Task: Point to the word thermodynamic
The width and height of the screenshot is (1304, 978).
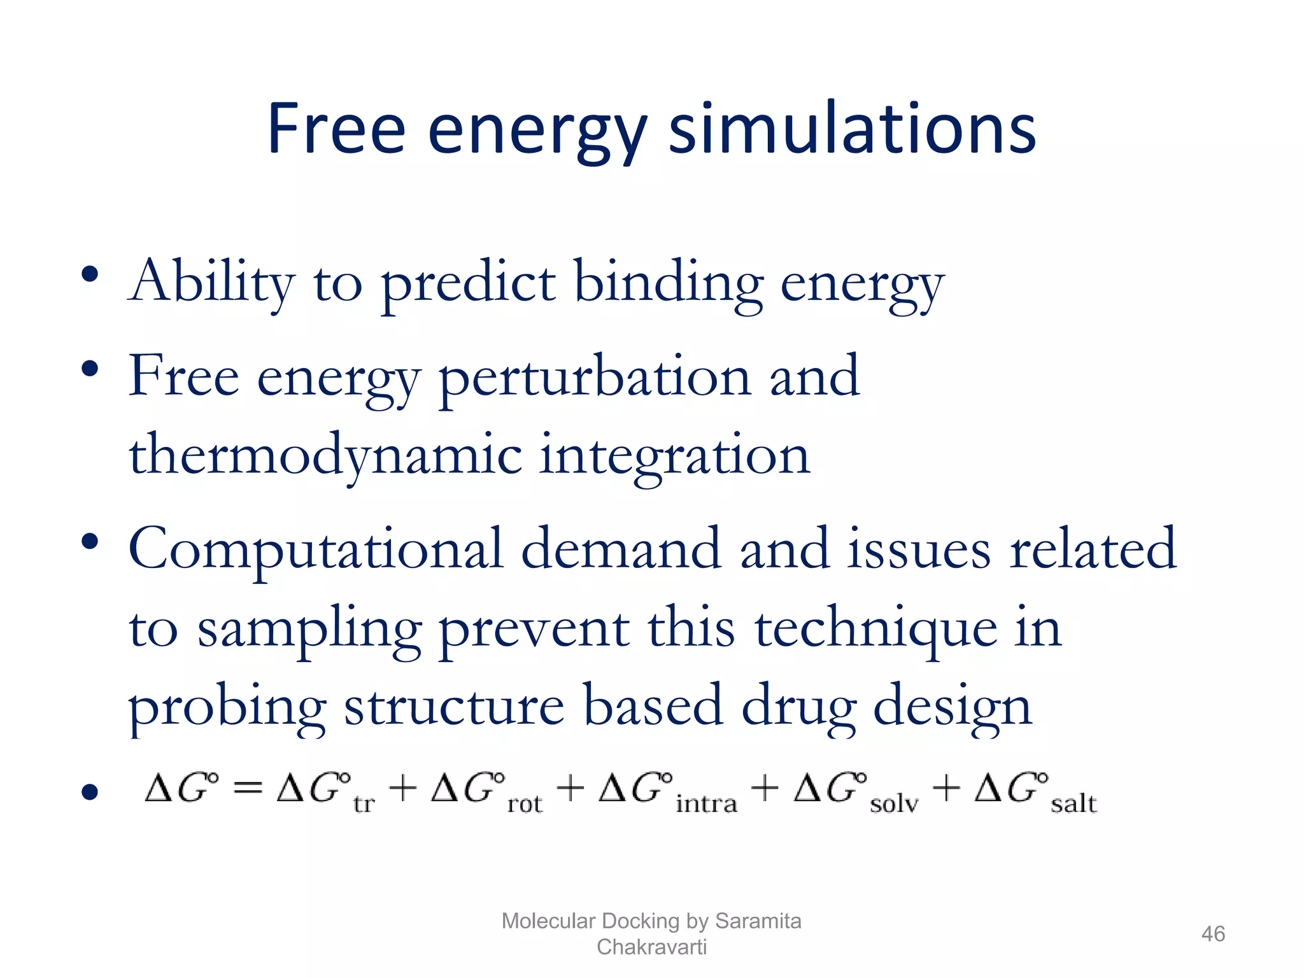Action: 325,455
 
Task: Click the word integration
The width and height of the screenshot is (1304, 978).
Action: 675,455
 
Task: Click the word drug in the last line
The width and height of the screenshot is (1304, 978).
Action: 798,707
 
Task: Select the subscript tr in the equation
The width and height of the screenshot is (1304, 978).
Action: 364,804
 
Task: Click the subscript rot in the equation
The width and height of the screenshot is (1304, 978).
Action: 525,804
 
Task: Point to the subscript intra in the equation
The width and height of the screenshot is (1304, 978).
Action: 706,804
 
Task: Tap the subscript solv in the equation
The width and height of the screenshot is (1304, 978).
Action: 894,804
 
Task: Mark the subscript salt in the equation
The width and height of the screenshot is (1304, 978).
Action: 1074,804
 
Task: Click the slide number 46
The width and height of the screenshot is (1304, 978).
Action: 1212,934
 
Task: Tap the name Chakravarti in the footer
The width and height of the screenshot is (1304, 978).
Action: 651,947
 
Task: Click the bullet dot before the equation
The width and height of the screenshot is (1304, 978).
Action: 90,792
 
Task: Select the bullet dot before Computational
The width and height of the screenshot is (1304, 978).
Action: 90,542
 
